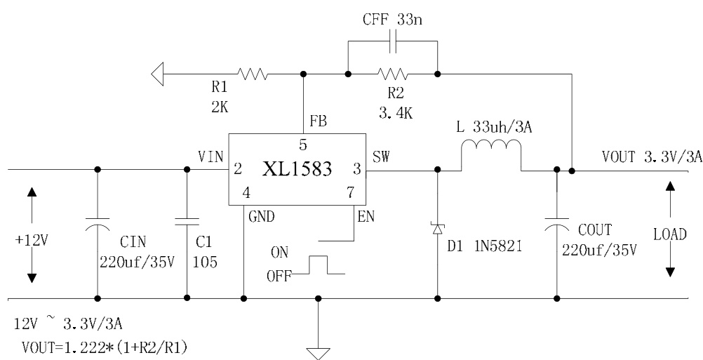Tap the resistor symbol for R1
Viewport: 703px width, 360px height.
[x=251, y=74]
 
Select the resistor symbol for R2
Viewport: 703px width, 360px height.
[x=391, y=74]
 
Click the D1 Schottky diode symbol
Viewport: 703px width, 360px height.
[x=438, y=228]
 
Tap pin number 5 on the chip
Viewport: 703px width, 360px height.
[x=302, y=145]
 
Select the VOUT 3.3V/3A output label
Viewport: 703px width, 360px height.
[x=651, y=159]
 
